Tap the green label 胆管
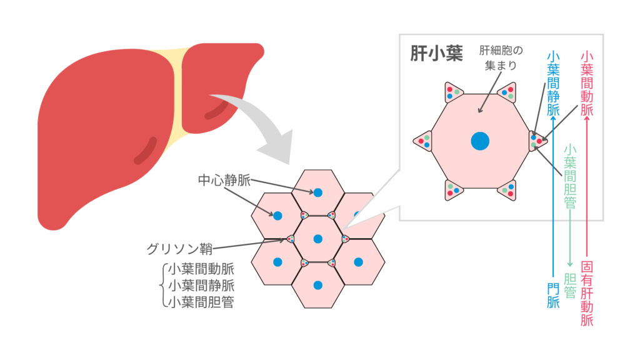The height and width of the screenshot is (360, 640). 569,285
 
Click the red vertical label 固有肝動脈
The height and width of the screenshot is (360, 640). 587,294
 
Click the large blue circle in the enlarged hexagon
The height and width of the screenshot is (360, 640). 480,141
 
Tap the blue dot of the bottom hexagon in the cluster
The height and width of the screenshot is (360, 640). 318,286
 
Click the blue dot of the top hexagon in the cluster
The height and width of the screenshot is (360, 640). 318,192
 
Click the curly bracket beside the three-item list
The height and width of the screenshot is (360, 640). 161,286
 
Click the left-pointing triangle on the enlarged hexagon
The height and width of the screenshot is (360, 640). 423,141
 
